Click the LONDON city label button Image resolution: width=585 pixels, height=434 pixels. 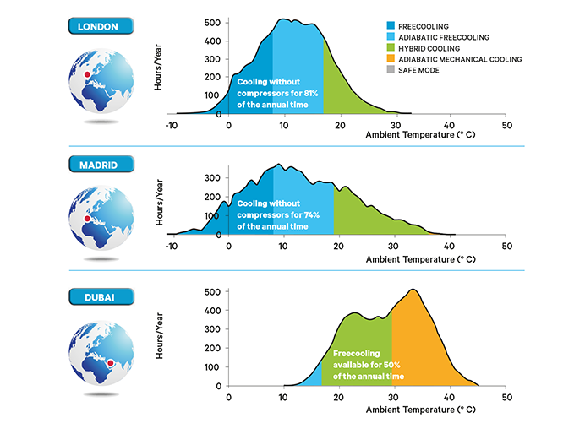pyautogui.click(x=98, y=26)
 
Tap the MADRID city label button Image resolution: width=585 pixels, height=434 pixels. pyautogui.click(x=98, y=163)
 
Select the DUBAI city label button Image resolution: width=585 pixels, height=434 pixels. pyautogui.click(x=98, y=297)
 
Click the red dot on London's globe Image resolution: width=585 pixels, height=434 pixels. pyautogui.click(x=87, y=75)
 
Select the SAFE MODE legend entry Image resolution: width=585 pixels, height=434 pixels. pyautogui.click(x=406, y=70)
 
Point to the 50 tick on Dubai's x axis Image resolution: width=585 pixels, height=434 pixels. pyautogui.click(x=506, y=396)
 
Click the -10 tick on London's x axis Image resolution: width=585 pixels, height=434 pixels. pyautogui.click(x=172, y=125)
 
